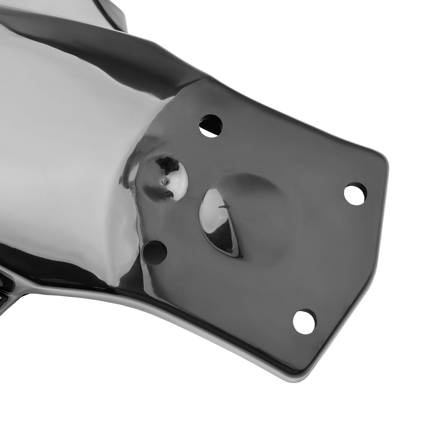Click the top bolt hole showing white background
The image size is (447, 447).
coord(211,126)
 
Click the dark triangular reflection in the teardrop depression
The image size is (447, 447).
coord(229,240)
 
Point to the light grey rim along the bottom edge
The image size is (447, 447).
coord(196,335)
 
